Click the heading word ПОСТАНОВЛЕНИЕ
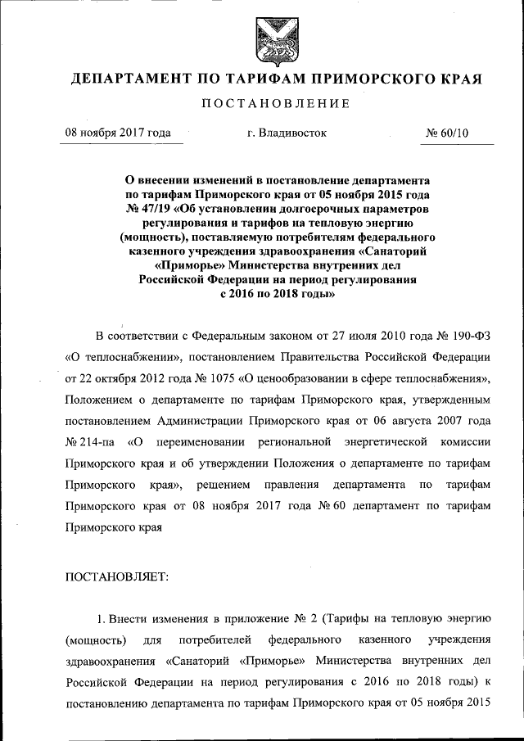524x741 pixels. (x=275, y=104)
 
